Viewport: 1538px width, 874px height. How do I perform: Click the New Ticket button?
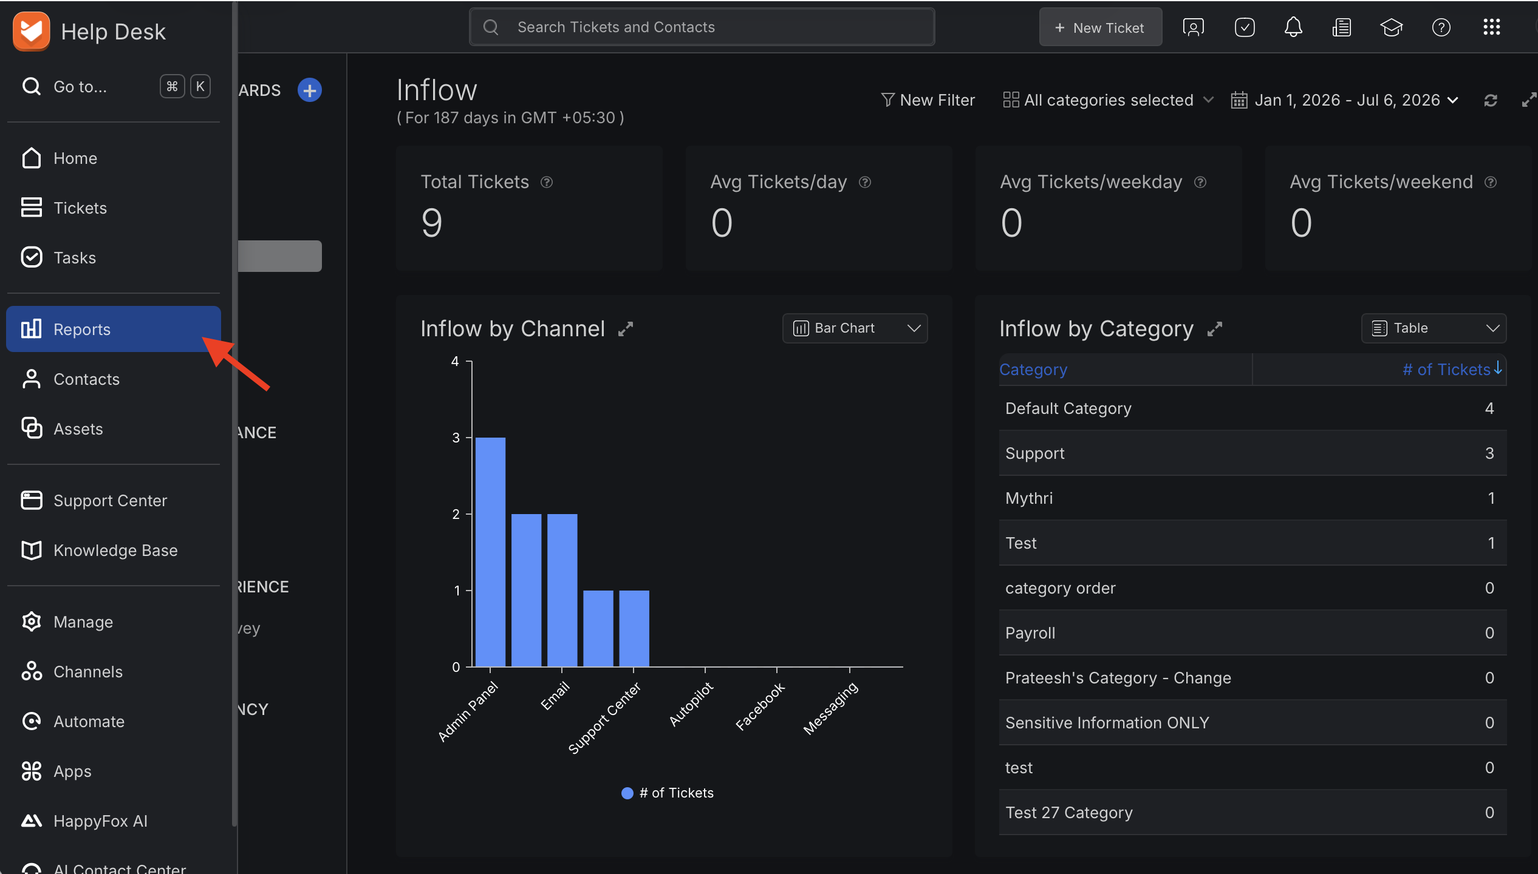click(1100, 27)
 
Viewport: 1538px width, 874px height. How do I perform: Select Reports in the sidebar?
click(113, 329)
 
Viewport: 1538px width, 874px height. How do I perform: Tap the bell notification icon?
click(1293, 27)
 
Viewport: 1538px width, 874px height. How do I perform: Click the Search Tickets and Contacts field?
click(702, 27)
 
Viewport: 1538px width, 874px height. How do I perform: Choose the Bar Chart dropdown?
click(855, 328)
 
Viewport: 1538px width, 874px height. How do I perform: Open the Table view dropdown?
click(1434, 328)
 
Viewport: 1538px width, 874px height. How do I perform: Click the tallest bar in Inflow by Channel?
click(490, 552)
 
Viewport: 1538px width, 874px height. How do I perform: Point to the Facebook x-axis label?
click(760, 706)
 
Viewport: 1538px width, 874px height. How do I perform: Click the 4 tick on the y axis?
click(455, 362)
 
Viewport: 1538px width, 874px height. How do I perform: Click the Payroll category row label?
click(1030, 633)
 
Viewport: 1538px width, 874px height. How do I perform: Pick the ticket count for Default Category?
click(1489, 408)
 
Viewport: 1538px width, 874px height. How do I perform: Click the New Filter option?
click(928, 100)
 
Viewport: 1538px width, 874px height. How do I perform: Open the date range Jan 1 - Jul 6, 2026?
click(1344, 100)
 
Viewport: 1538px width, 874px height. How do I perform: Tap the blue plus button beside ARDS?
click(310, 90)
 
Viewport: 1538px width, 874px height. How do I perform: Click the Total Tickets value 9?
click(432, 223)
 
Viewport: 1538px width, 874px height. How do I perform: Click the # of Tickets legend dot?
click(627, 793)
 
